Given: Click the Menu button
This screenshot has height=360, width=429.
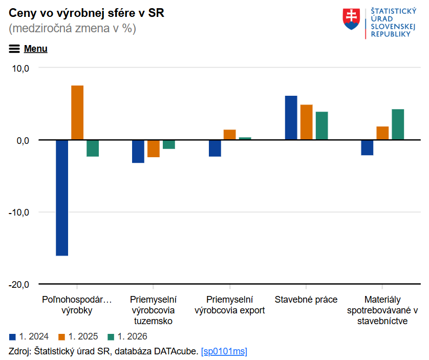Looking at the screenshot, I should [x=29, y=49].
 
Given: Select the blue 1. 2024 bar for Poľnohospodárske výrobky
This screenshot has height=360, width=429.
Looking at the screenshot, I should [x=62, y=198].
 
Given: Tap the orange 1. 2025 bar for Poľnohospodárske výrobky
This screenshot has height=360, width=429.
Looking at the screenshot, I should [x=77, y=113].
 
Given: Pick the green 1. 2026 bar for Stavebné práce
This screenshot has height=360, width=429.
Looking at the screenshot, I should [x=321, y=125].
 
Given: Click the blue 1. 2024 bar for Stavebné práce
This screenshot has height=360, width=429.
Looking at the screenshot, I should [x=291, y=118].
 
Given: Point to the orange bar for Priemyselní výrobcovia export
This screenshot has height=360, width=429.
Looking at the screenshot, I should [x=230, y=135].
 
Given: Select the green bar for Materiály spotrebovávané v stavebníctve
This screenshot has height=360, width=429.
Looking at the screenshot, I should [x=398, y=124].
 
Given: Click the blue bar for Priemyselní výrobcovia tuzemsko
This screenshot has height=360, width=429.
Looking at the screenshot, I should [x=138, y=151].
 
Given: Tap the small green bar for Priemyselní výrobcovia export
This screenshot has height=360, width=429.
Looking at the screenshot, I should [x=245, y=138].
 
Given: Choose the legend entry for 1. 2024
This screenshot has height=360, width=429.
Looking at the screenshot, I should [x=29, y=336].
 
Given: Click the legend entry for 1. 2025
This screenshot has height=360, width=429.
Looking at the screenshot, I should [x=78, y=336].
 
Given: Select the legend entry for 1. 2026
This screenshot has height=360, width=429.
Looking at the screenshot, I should [x=127, y=336].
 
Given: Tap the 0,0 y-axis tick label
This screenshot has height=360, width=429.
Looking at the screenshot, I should [x=23, y=140].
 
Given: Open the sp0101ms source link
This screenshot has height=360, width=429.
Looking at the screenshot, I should [x=224, y=351].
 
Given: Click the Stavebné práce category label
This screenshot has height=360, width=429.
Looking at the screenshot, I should [x=306, y=300].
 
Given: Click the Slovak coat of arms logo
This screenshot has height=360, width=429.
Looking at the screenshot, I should [x=352, y=19].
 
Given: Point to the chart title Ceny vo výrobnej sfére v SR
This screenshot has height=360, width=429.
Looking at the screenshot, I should [x=87, y=13].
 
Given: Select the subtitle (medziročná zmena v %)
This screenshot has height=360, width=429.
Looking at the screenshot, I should [x=72, y=29].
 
